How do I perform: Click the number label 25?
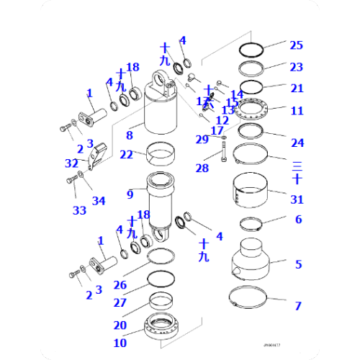tap(297, 45)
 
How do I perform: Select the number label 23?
tap(297, 67)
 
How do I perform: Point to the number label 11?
tap(297, 111)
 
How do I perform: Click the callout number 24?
tap(297, 133)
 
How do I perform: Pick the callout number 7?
tap(298, 306)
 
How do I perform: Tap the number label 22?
tap(127, 155)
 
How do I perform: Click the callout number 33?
tap(78, 210)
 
